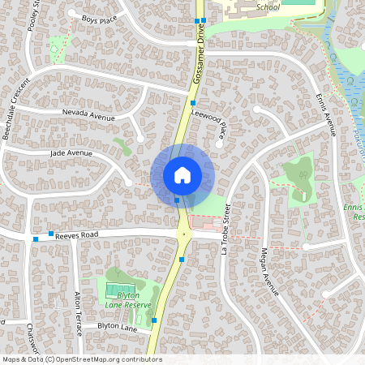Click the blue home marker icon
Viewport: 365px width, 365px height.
point(182,174)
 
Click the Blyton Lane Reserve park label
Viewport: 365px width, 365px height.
point(129,299)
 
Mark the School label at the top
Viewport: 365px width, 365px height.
point(268,6)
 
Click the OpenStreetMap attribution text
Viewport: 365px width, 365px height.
point(82,359)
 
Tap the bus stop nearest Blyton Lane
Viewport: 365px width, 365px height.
point(154,320)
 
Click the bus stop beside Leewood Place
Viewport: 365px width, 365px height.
point(193,103)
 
